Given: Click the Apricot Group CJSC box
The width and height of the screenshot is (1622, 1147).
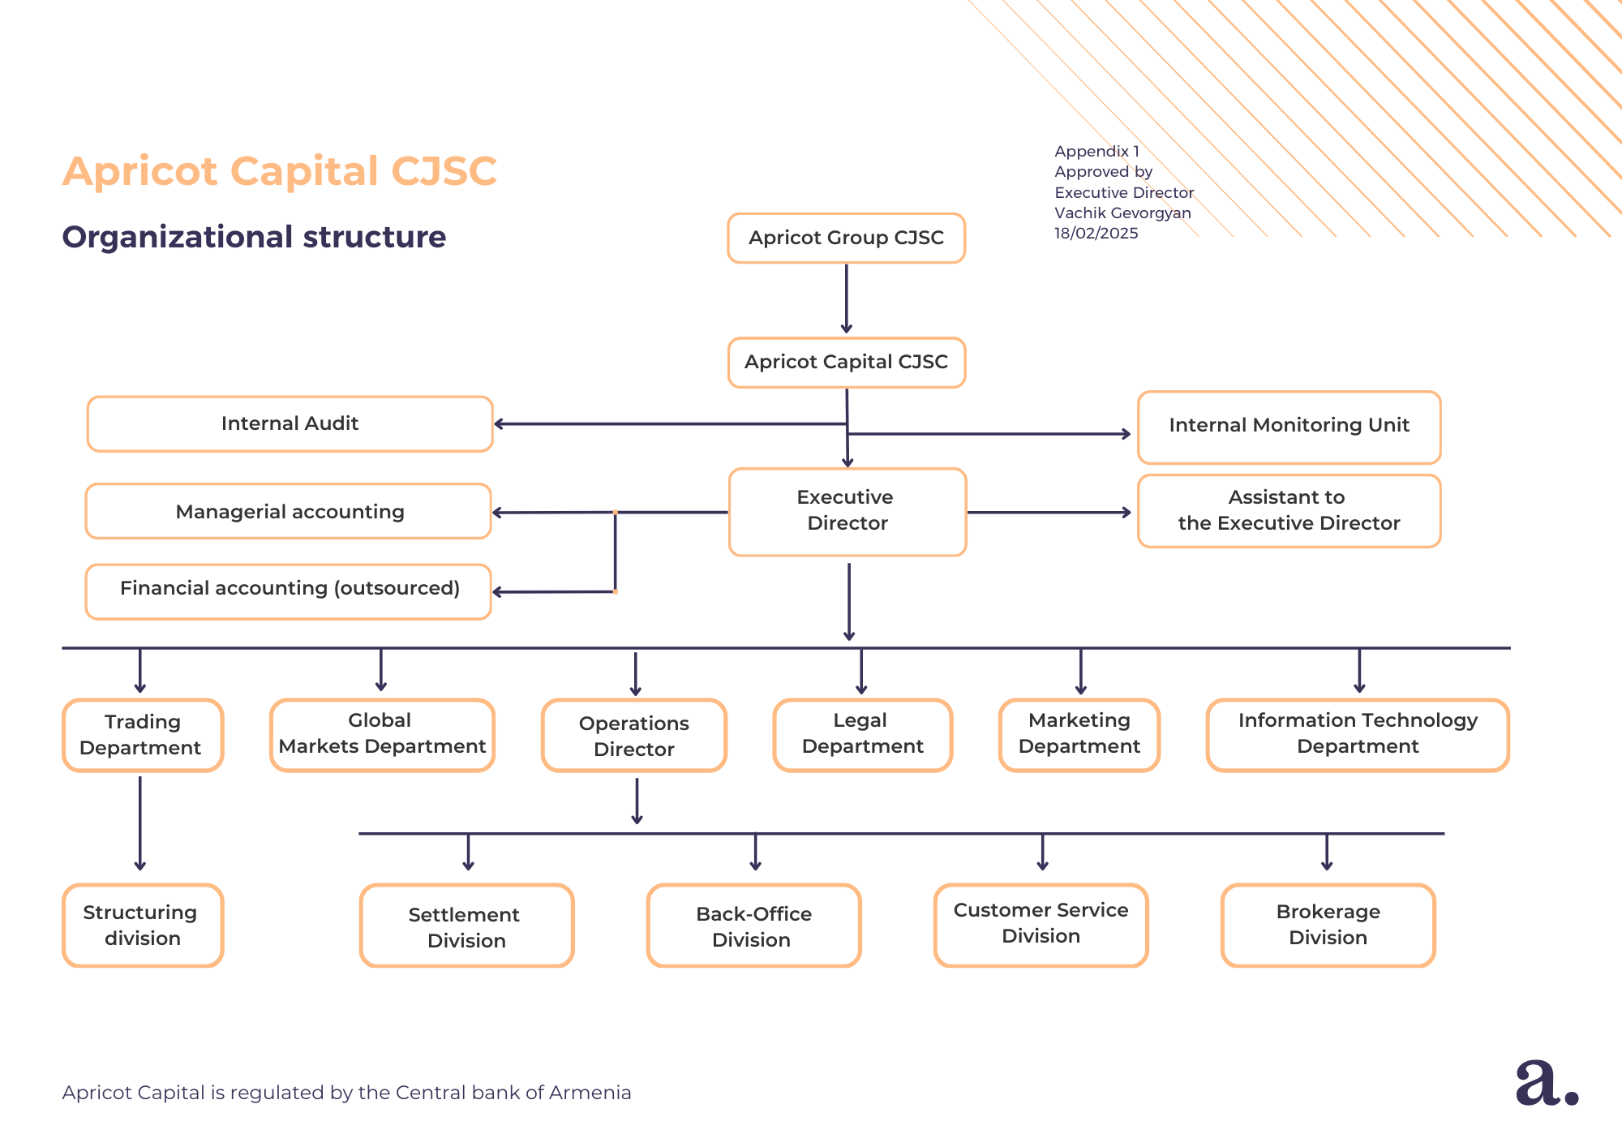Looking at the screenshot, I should (846, 238).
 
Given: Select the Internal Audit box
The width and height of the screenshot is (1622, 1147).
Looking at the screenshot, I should (290, 423).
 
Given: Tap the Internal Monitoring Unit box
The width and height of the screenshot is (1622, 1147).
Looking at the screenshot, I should (1289, 427).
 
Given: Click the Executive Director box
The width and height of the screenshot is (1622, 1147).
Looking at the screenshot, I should (847, 511).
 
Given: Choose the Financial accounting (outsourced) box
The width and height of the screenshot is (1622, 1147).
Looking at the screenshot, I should (289, 591).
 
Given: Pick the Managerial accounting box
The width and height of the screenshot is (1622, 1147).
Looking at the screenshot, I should (289, 511).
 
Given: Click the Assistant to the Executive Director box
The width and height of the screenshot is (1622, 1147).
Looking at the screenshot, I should (1289, 511).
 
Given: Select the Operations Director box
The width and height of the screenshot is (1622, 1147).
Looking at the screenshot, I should (634, 735).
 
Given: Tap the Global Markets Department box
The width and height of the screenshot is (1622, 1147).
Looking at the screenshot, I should (382, 734).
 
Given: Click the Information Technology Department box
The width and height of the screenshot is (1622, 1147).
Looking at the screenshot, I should (1358, 734).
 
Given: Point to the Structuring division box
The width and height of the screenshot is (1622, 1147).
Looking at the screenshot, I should (143, 925).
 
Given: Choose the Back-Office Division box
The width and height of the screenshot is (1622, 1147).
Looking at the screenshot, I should (753, 926).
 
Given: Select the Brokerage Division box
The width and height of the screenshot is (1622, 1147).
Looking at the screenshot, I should (1328, 925).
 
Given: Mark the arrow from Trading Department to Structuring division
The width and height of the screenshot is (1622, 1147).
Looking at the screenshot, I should (140, 823).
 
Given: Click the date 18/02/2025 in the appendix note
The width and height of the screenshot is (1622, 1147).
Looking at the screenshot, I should (1096, 234).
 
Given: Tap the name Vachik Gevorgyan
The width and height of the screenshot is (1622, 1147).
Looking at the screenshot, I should (1122, 213).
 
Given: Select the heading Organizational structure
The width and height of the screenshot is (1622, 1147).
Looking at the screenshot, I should (254, 237).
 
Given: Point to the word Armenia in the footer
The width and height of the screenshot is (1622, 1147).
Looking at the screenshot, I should (590, 1093).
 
